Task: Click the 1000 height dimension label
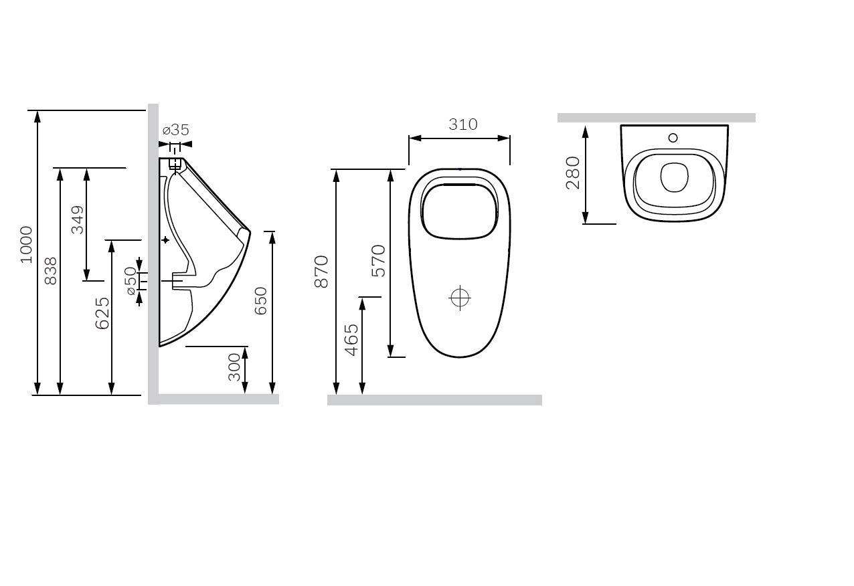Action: click(x=26, y=245)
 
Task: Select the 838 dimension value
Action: click(x=50, y=271)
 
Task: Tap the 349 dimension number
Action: click(x=78, y=219)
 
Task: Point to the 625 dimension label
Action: click(x=102, y=313)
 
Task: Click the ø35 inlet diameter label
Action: click(x=176, y=130)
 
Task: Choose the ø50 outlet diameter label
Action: click(x=131, y=281)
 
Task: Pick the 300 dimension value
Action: click(x=234, y=367)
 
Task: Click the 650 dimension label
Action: click(x=261, y=301)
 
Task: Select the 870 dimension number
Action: click(x=321, y=272)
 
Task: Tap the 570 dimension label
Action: click(x=379, y=261)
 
